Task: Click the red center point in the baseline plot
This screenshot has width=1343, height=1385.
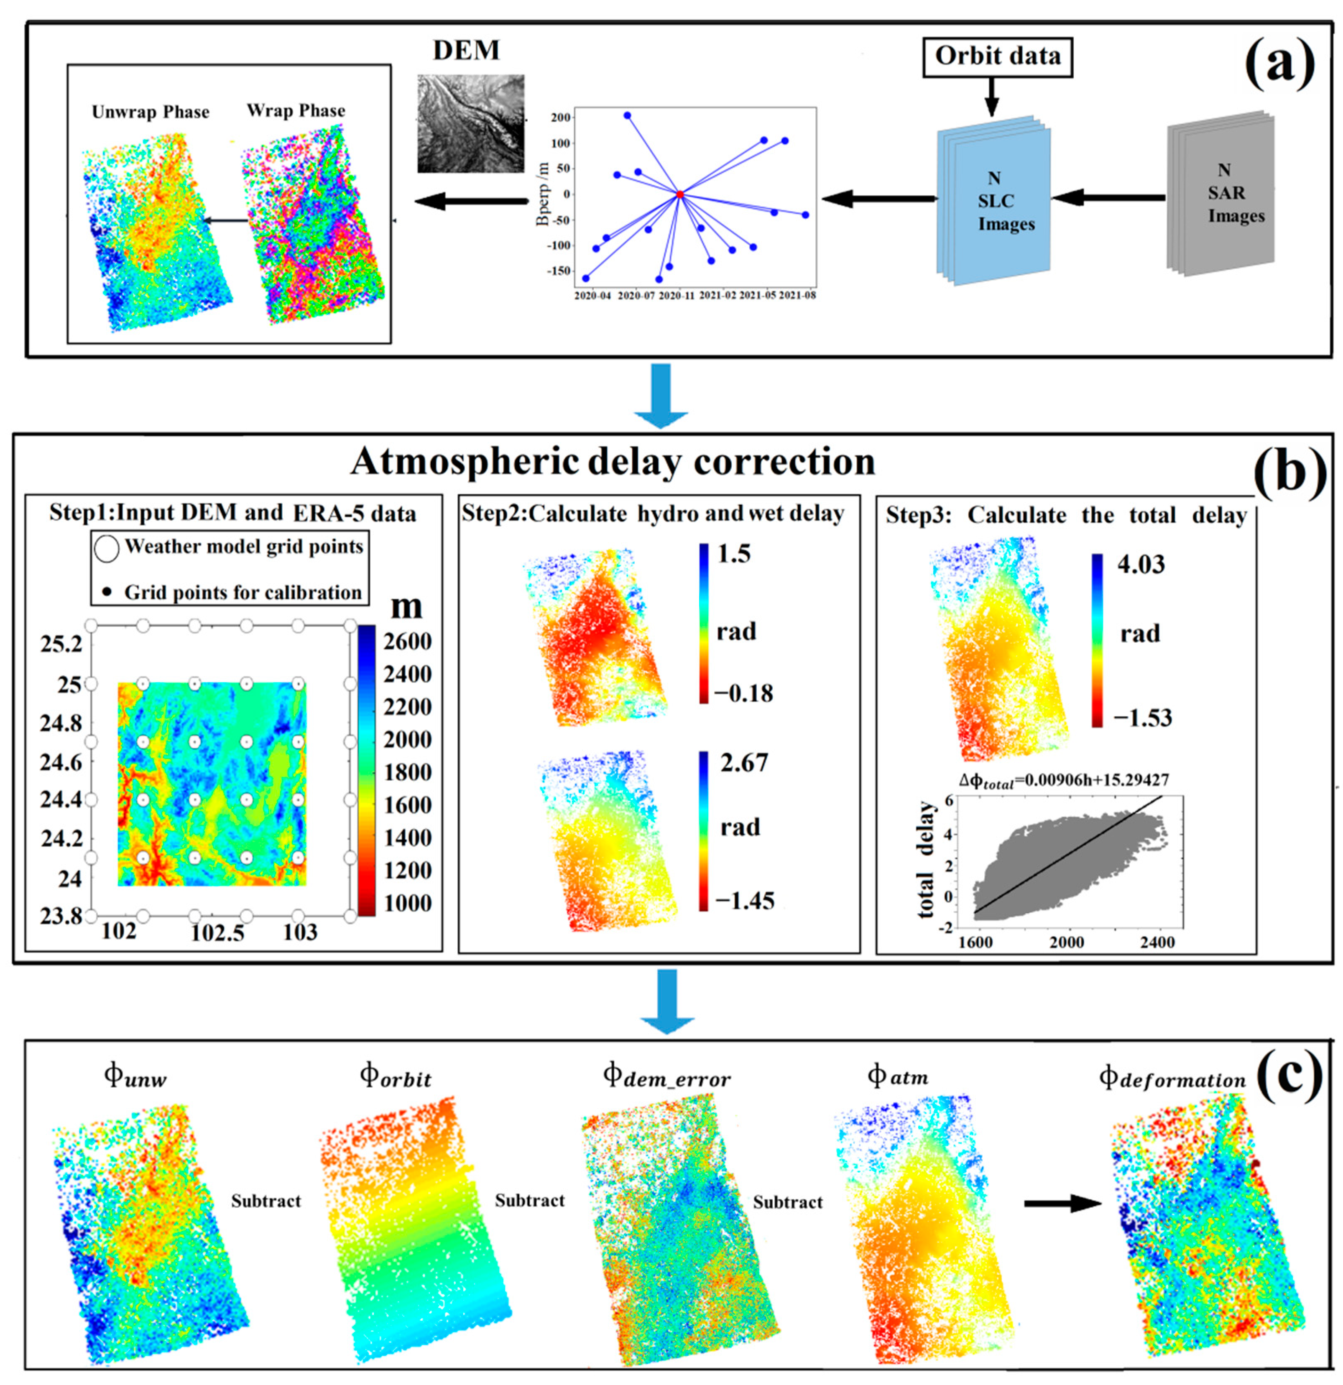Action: point(679,194)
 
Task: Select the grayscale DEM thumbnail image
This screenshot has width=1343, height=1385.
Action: point(470,124)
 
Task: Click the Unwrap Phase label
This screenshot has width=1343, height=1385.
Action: point(151,112)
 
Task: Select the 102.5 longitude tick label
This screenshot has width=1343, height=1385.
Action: point(217,933)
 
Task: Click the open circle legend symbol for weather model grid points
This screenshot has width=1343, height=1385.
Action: point(107,548)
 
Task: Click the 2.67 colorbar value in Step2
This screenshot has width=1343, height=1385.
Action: point(743,762)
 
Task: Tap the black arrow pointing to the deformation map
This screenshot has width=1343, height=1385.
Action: point(1062,1203)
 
